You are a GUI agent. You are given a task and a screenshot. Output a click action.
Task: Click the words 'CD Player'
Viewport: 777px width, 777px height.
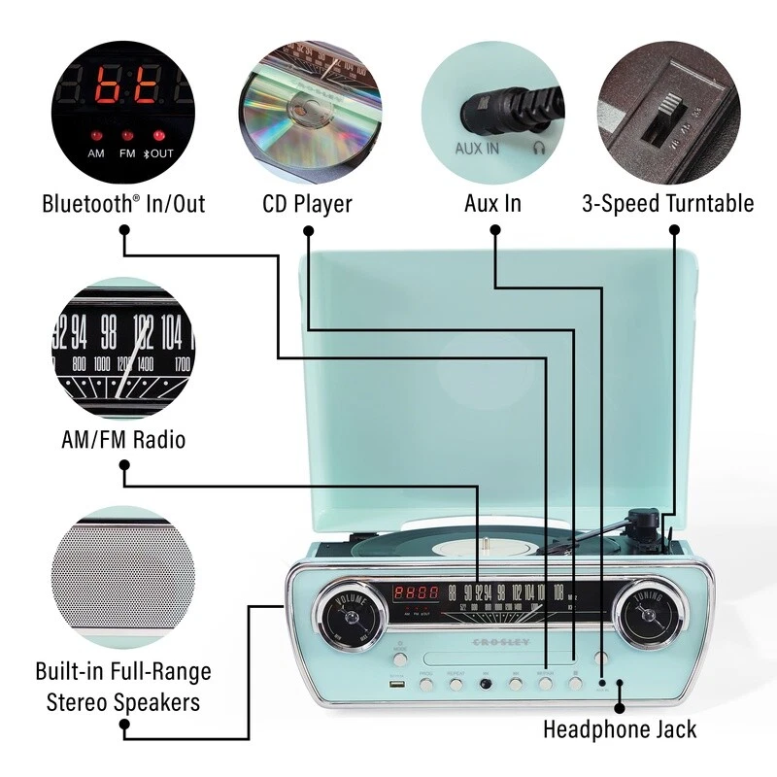click(307, 204)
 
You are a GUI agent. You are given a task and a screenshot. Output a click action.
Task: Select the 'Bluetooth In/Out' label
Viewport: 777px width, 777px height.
click(123, 204)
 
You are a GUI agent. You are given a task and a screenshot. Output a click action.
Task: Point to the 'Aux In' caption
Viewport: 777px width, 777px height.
click(493, 204)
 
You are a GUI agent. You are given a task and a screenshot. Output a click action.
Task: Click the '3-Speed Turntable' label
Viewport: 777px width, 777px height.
click(667, 204)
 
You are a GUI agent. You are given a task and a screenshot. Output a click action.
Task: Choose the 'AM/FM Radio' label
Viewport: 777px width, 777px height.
click(122, 440)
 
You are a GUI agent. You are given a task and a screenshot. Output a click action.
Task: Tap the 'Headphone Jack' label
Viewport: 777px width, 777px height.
click(619, 728)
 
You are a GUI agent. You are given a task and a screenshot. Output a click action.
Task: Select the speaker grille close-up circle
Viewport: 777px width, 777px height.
click(122, 577)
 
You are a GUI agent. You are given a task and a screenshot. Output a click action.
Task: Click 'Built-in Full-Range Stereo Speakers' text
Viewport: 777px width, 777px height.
click(122, 687)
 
